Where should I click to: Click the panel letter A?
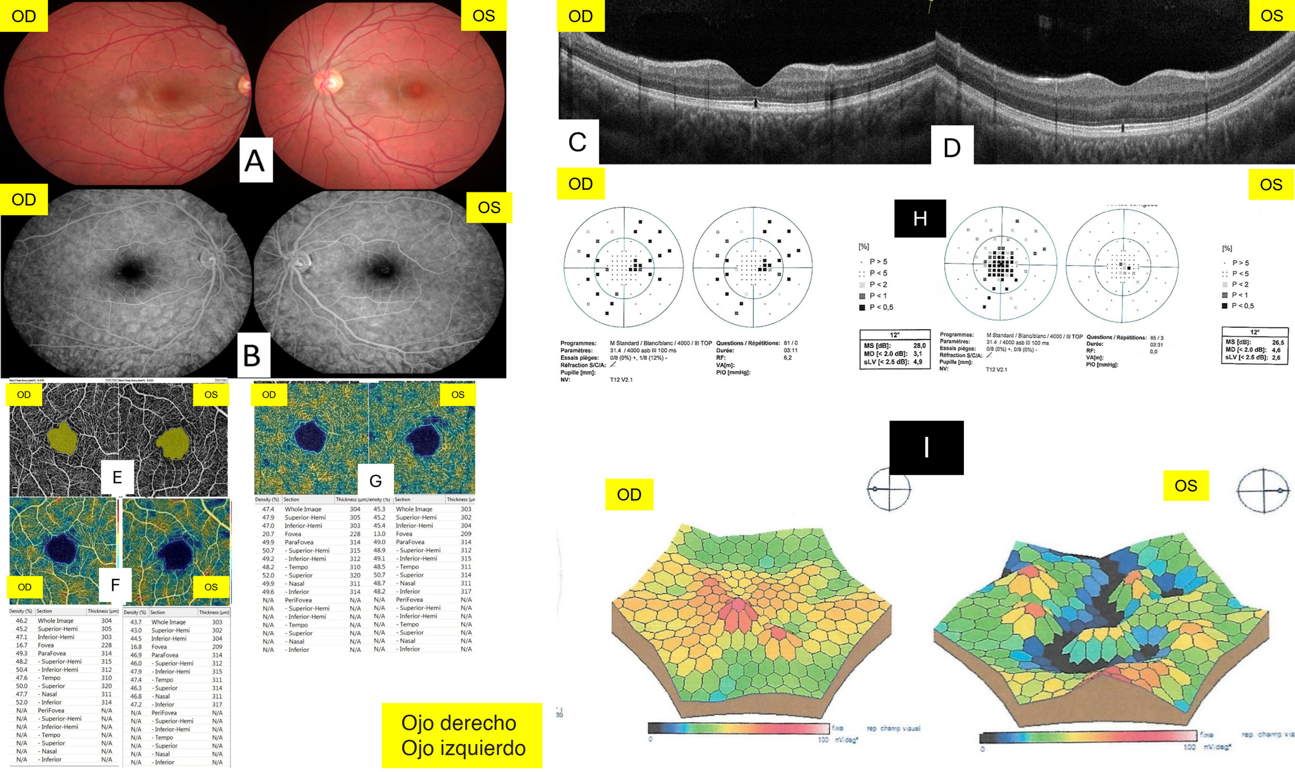click(x=255, y=160)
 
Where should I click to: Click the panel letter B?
click(x=253, y=355)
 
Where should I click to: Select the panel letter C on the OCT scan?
click(x=578, y=142)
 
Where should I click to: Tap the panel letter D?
click(x=952, y=147)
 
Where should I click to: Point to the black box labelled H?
click(x=920, y=218)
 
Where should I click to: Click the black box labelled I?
click(x=926, y=447)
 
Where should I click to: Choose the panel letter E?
click(x=117, y=477)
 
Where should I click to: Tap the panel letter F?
click(x=116, y=585)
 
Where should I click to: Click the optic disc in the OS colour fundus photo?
click(x=327, y=82)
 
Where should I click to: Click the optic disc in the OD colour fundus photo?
click(x=245, y=85)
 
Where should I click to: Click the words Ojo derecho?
click(x=458, y=723)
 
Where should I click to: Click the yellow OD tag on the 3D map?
click(x=629, y=494)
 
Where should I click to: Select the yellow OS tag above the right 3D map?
click(x=1186, y=485)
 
